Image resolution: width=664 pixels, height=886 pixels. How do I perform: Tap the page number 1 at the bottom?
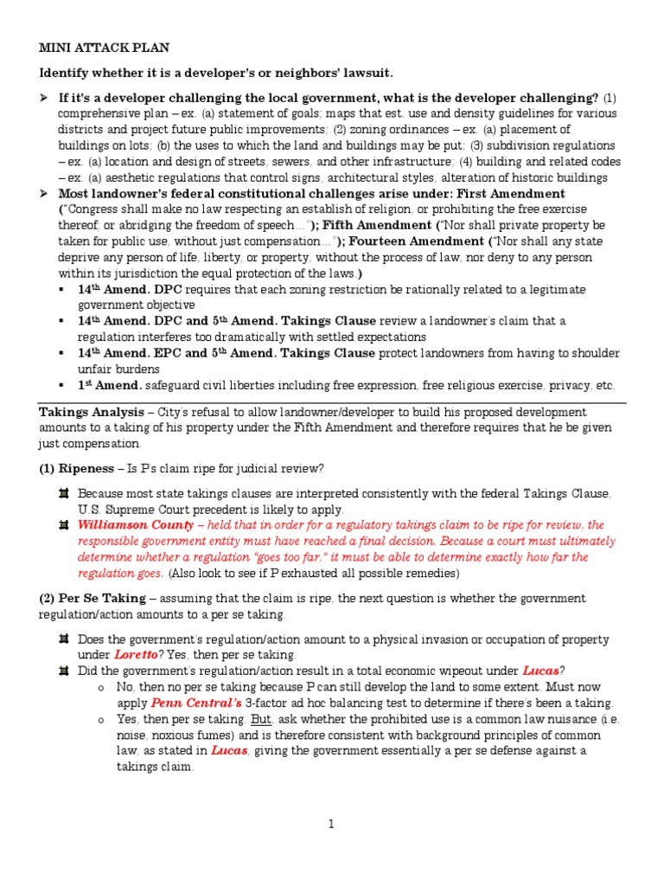[331, 825]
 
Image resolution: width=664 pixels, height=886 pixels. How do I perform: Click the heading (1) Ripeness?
[72, 468]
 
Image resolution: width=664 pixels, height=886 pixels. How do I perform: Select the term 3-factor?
[242, 703]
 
